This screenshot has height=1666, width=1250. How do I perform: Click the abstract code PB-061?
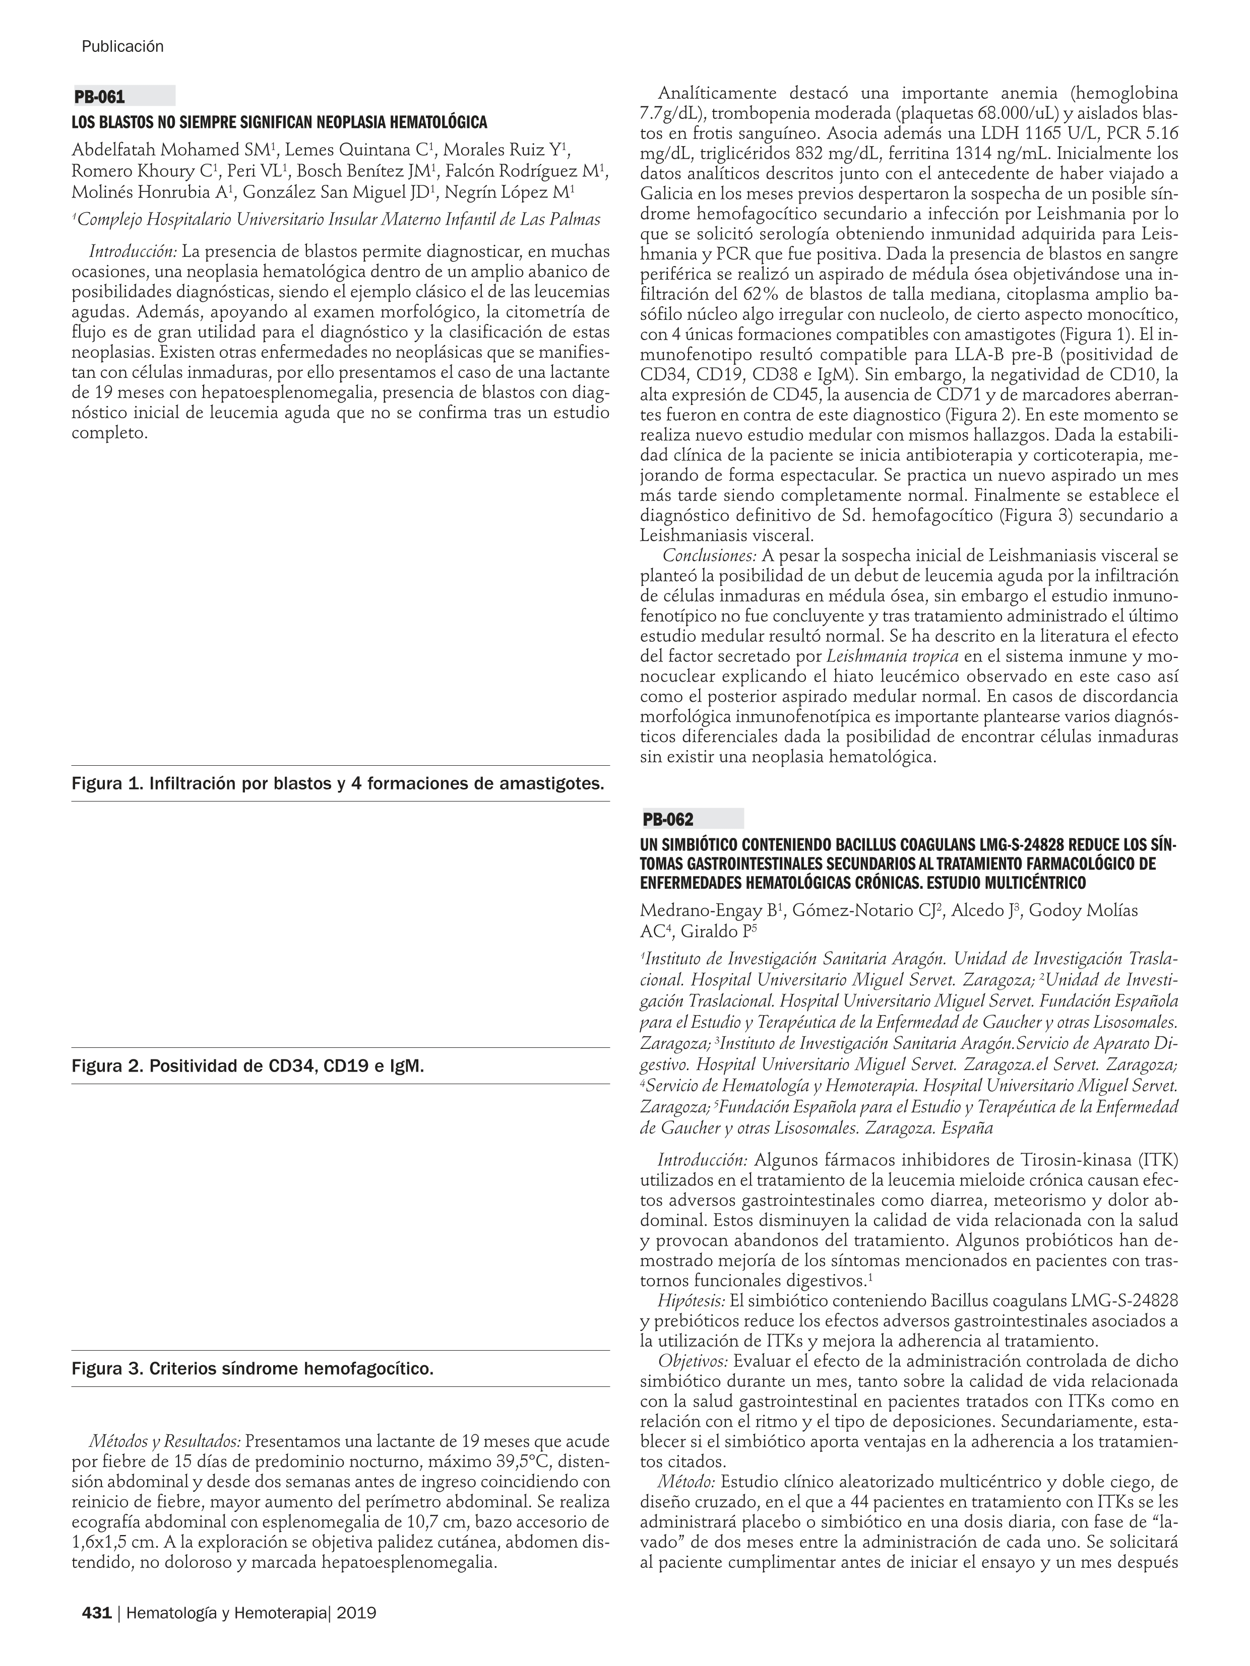(99, 97)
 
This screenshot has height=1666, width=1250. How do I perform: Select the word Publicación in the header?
(122, 47)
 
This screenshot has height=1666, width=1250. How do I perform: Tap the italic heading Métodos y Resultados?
(165, 1441)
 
